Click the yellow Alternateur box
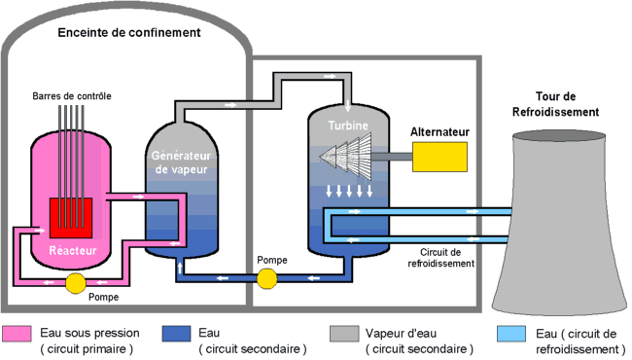click(x=439, y=156)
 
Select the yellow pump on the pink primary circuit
click(x=75, y=283)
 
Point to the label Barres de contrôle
click(x=71, y=95)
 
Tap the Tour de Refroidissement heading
click(x=554, y=105)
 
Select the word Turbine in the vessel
click(x=347, y=126)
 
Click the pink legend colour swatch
click(x=19, y=339)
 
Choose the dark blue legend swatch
click(x=178, y=339)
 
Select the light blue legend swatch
click(x=511, y=339)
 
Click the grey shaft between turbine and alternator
click(x=398, y=156)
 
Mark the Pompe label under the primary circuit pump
click(x=102, y=296)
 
